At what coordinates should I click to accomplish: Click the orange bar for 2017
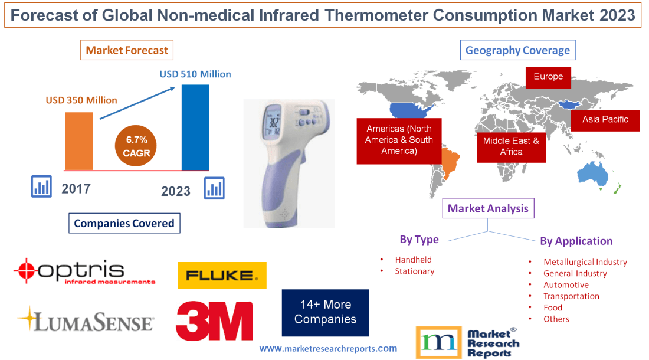78,140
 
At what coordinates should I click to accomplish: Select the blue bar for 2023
195,127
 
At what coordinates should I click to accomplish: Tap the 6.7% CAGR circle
137,146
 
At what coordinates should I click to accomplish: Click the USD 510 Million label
195,74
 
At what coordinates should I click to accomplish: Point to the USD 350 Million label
81,100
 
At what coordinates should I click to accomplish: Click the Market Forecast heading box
127,50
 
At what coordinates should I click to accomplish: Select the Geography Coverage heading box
517,50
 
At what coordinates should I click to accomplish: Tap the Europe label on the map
548,77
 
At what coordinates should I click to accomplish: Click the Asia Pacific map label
605,120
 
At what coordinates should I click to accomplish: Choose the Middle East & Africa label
511,146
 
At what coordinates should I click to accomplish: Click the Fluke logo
222,275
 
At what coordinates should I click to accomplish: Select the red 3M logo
214,320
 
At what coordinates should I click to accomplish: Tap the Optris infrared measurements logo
84,272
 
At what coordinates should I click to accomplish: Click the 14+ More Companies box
325,312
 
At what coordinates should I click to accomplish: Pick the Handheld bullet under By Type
413,260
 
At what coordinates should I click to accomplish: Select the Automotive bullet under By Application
566,285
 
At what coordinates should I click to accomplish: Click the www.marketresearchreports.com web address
328,349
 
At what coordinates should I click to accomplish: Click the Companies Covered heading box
124,223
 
